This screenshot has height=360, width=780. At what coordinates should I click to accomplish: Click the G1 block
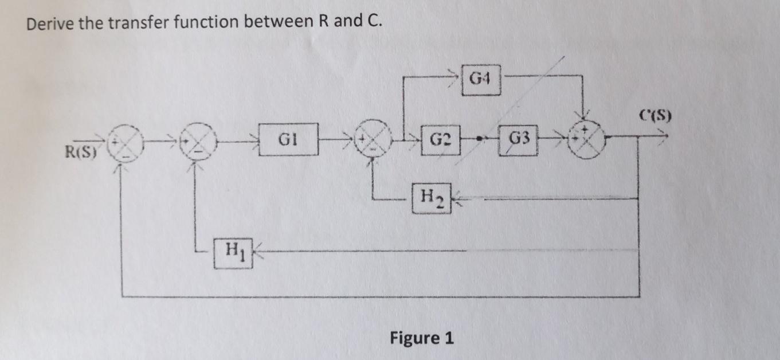coord(288,139)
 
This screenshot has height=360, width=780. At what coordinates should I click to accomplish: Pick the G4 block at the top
coord(480,79)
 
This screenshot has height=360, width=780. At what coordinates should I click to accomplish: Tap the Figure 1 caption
coord(421,338)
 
